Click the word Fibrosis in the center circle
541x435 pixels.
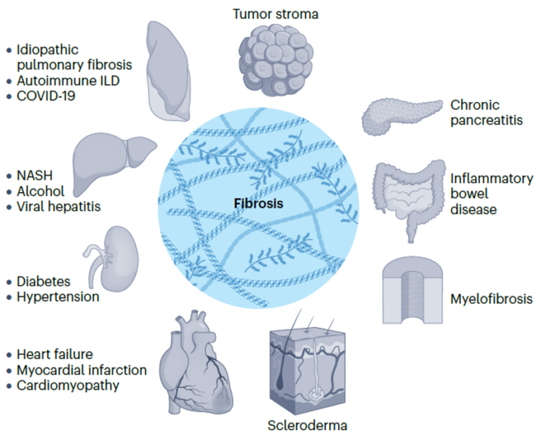click(x=259, y=203)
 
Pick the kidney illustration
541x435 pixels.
click(x=112, y=258)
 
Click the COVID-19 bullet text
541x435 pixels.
click(x=48, y=96)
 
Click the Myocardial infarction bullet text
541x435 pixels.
click(x=81, y=370)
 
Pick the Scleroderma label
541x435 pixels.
click(x=307, y=425)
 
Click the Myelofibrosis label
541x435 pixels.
click(x=491, y=299)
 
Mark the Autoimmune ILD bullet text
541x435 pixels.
click(x=68, y=80)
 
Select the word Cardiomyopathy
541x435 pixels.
click(x=68, y=385)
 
